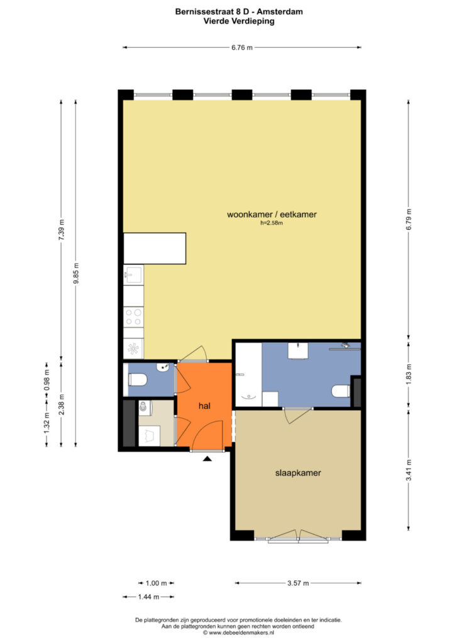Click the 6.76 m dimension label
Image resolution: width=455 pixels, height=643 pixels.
coord(242,48)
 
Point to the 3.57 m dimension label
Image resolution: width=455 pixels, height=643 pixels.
coord(298,583)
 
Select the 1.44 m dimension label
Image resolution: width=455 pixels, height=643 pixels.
coord(148,597)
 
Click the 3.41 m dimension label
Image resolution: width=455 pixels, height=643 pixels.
coord(408,470)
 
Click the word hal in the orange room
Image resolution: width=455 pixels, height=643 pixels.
coord(204,406)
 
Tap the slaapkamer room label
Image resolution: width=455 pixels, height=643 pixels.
coord(298,473)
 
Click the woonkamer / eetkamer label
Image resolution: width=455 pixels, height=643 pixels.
coord(271,214)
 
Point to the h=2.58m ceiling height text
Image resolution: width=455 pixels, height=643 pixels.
coord(271,223)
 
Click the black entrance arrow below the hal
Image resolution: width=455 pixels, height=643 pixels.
coord(207,458)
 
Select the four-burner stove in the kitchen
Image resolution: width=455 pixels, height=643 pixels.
coord(134,317)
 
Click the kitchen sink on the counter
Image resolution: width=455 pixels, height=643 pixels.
coord(133,274)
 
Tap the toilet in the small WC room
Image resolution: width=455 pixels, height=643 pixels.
coord(137,380)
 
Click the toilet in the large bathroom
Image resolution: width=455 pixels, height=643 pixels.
coord(341,391)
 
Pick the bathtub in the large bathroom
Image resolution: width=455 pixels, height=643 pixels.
coord(249,375)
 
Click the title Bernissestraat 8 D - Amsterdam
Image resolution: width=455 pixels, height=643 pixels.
coord(239,12)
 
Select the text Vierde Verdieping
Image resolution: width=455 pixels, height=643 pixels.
coord(239,21)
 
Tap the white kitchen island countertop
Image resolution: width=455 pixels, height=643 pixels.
coord(155,249)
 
